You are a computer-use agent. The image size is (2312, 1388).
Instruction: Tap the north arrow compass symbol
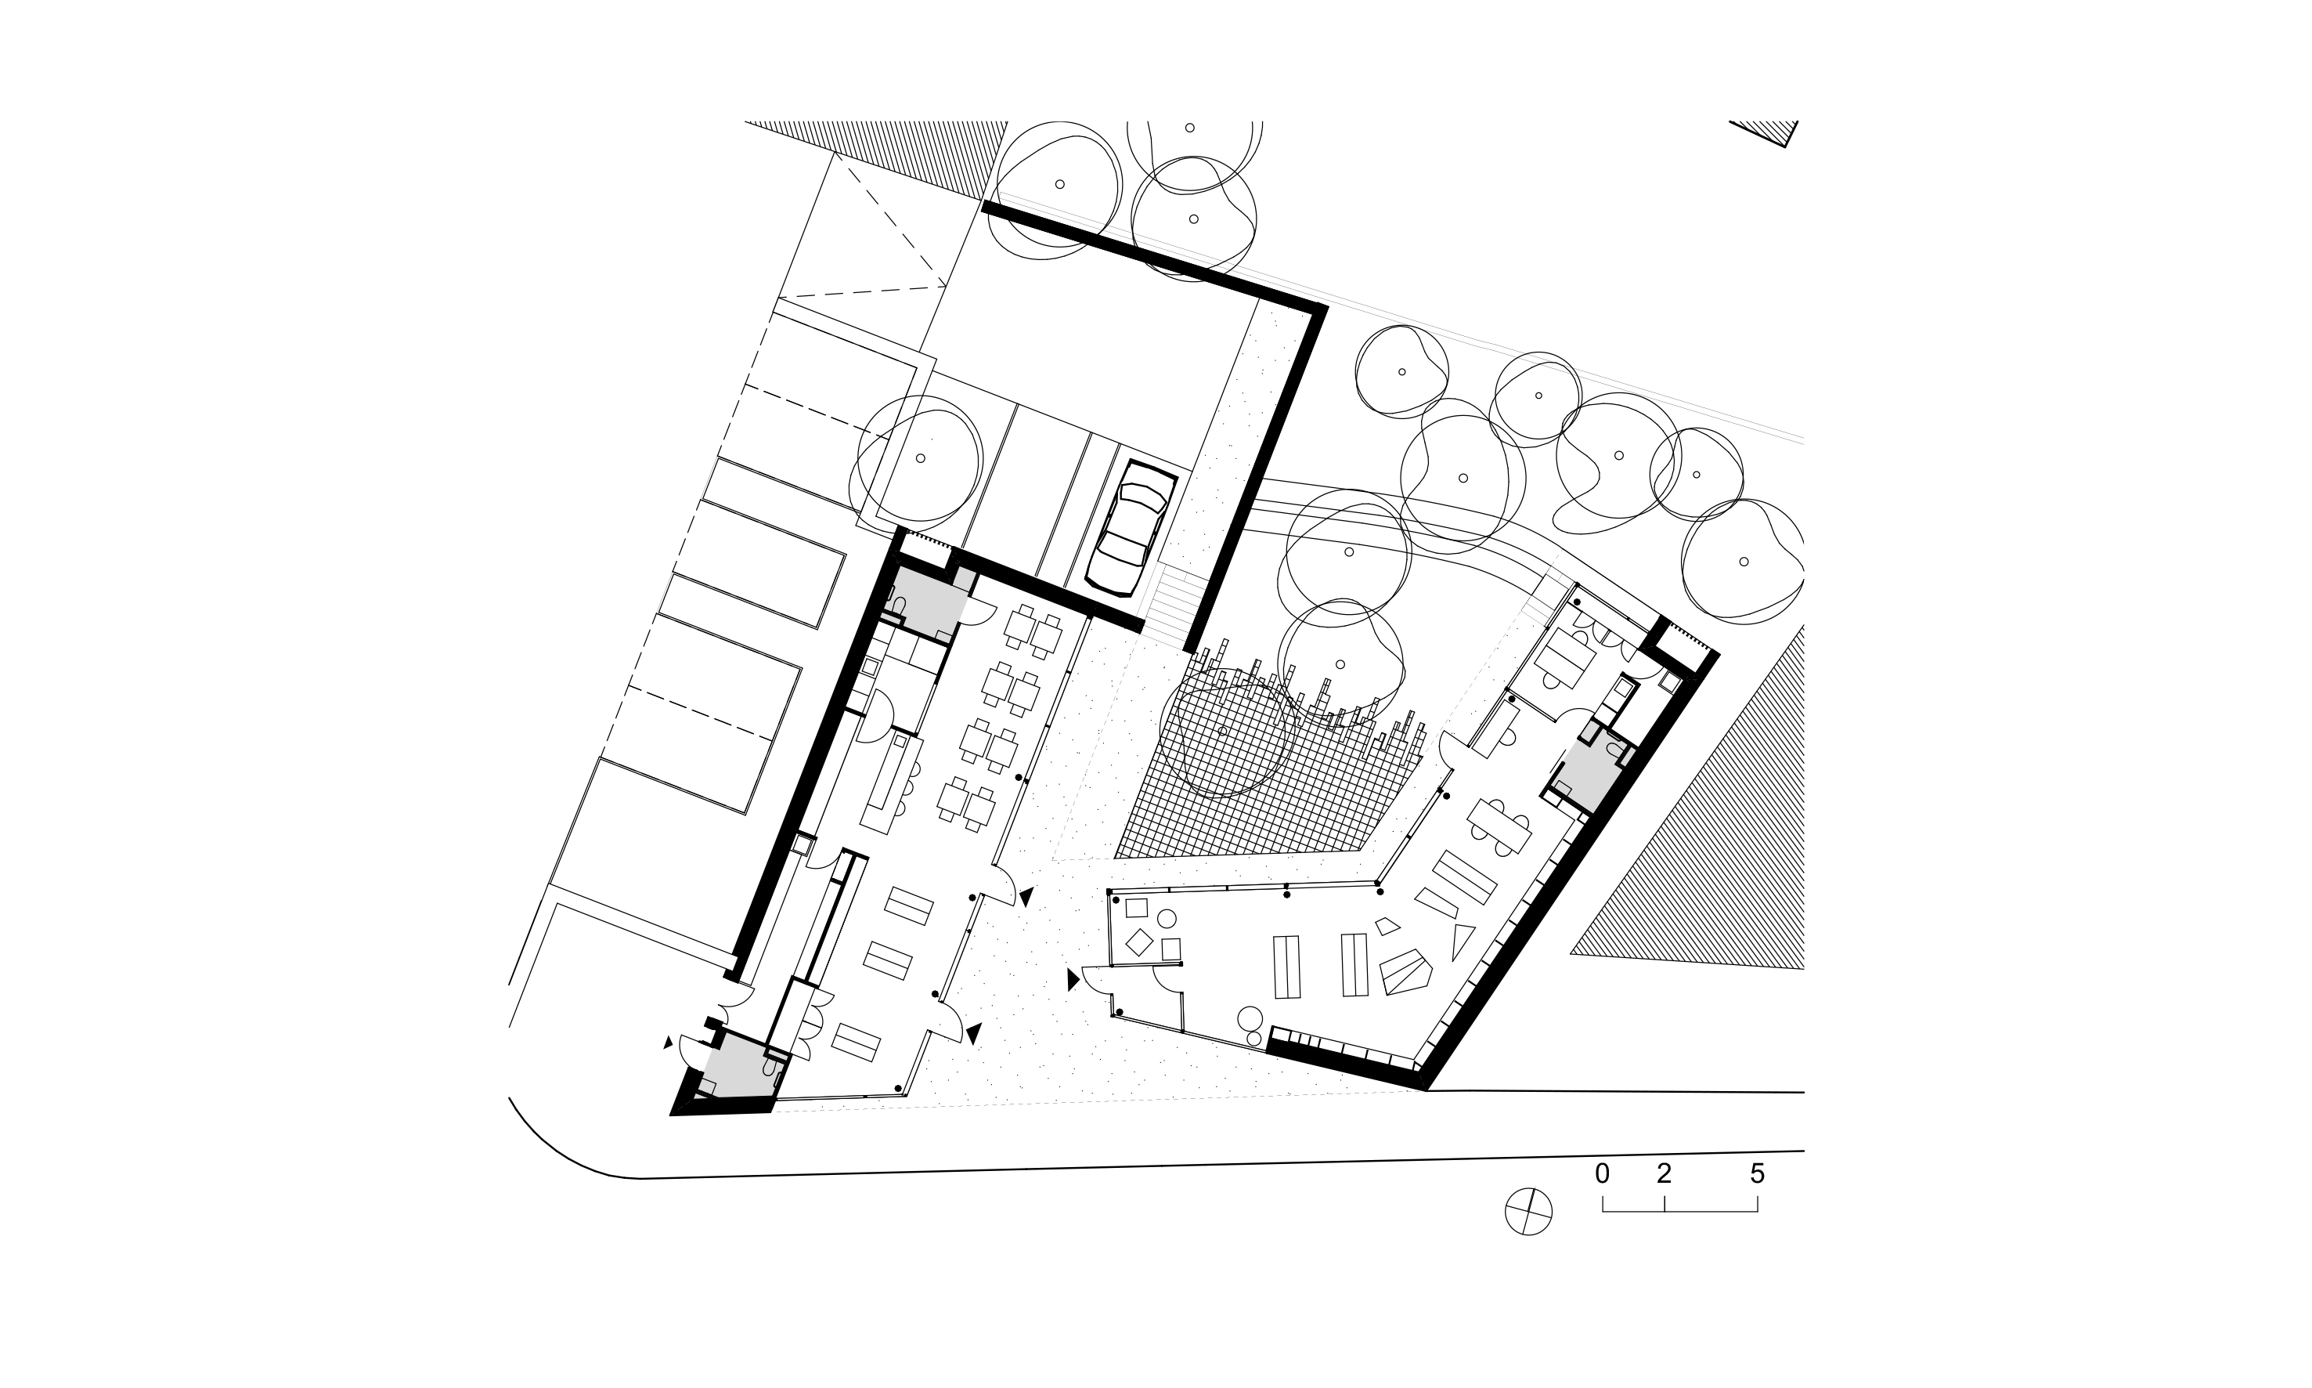click(1528, 1213)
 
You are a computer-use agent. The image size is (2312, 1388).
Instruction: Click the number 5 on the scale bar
click(1757, 1174)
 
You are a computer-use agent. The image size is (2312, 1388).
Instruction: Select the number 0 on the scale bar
click(1603, 1174)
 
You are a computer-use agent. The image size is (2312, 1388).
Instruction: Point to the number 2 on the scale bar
click(1663, 1174)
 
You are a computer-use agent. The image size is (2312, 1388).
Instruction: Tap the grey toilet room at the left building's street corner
click(738, 1066)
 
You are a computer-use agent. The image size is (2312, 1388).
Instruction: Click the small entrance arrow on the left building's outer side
click(668, 1042)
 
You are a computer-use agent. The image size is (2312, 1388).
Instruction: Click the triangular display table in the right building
click(1461, 940)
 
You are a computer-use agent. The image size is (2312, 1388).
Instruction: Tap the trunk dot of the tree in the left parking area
click(920, 458)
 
